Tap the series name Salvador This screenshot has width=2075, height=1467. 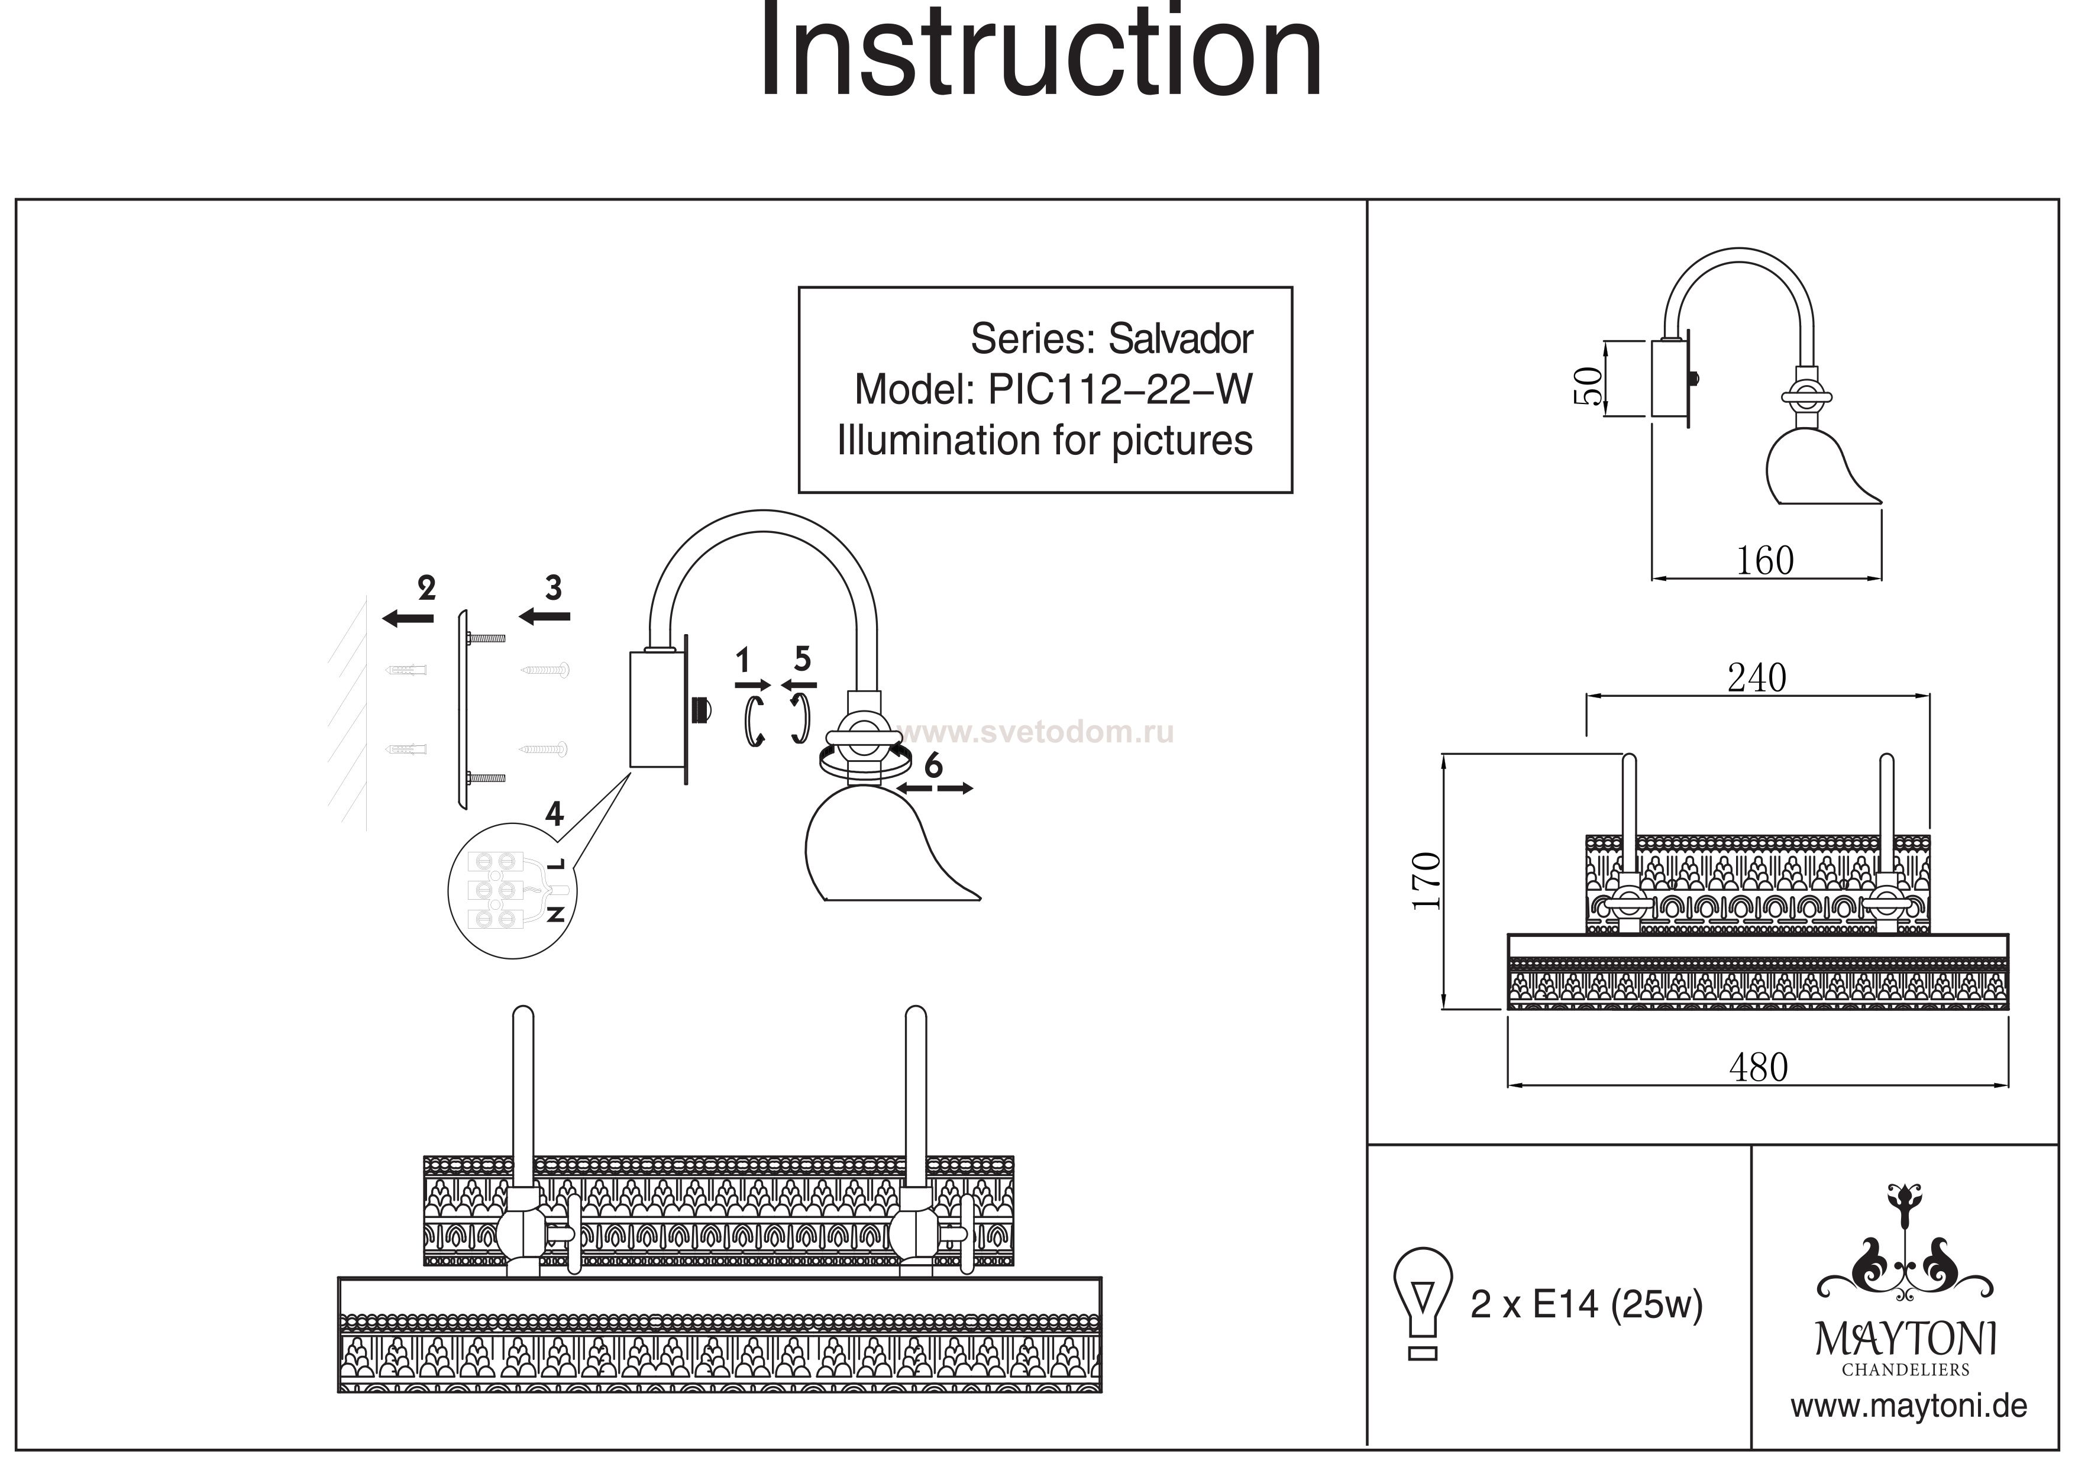point(1179,339)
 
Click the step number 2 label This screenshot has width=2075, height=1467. point(426,589)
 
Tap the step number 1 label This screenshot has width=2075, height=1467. point(743,661)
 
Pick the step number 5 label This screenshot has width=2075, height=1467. point(801,659)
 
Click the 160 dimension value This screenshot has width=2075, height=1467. point(1764,561)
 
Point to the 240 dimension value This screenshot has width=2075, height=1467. point(1756,678)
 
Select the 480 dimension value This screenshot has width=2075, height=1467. point(1758,1068)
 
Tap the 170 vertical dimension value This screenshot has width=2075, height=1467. point(1426,881)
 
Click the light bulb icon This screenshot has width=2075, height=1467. point(1423,1301)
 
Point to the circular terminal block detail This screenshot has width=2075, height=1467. point(512,890)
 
